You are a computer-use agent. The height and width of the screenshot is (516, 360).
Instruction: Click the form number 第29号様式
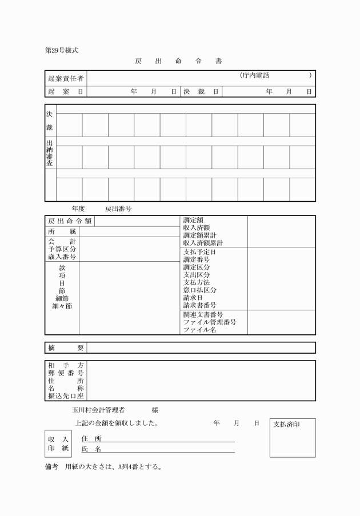(62, 50)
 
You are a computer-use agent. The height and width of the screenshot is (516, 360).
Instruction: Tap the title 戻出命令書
(178, 61)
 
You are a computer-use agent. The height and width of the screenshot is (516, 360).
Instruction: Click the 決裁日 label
(201, 91)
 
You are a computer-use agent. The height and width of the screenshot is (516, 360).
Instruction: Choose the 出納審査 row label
(50, 153)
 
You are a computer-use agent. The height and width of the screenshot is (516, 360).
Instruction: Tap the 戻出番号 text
(118, 209)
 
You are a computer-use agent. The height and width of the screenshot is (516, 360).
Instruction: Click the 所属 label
(62, 231)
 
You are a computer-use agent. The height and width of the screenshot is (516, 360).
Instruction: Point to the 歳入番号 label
(62, 257)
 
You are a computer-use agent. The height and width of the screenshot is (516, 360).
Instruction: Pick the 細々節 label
(62, 306)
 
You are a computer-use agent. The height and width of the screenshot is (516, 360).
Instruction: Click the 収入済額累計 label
(203, 243)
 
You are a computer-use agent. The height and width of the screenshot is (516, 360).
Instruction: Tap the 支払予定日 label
(199, 252)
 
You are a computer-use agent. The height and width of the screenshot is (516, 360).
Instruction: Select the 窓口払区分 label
(199, 290)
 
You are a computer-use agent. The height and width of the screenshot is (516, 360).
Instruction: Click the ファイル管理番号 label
(210, 322)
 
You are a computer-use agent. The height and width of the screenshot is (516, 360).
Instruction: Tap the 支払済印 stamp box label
(286, 425)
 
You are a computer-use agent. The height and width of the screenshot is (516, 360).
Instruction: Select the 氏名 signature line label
(91, 450)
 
